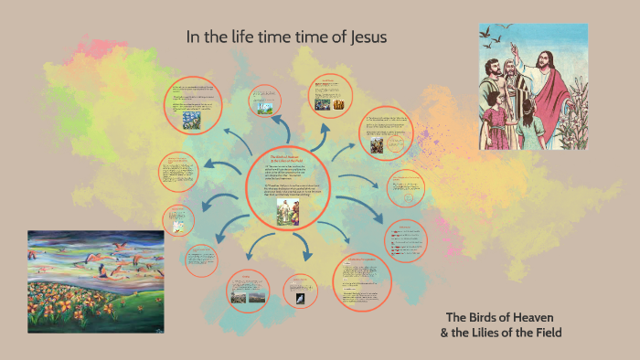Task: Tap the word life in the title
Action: click(253, 37)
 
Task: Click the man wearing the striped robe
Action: click(515, 87)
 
